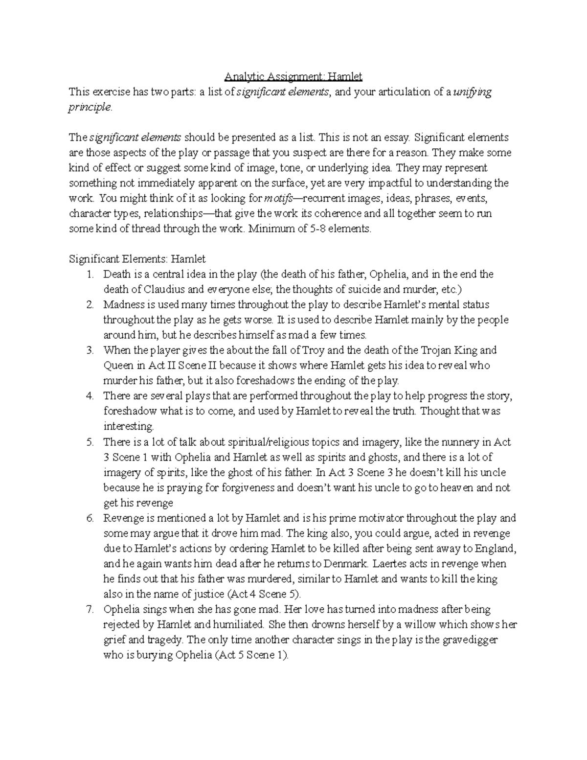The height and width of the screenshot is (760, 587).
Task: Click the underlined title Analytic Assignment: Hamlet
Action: (x=293, y=77)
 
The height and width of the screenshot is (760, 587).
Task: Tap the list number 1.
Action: (x=90, y=274)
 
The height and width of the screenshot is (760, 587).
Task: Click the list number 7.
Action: (x=90, y=609)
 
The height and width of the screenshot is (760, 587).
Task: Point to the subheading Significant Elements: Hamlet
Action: (x=137, y=259)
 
